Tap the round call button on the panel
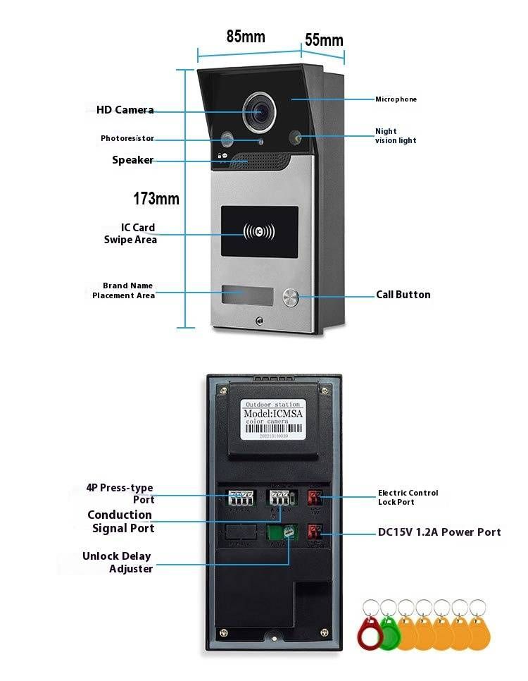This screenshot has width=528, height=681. click(x=291, y=298)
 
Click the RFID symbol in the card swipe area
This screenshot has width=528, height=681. click(x=260, y=231)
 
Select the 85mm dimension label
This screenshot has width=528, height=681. click(x=246, y=37)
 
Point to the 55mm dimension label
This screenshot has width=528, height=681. click(x=323, y=40)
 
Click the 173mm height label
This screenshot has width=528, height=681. click(x=156, y=199)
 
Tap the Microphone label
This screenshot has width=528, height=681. click(x=396, y=99)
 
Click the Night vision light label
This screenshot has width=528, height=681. click(x=396, y=136)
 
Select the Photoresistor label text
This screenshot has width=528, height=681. click(x=127, y=139)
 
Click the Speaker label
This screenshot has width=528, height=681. click(x=132, y=160)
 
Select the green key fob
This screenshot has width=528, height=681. click(x=389, y=632)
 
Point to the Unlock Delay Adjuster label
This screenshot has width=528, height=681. click(x=117, y=563)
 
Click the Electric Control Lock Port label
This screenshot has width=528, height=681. click(x=408, y=497)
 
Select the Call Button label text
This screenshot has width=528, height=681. click(x=403, y=295)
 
